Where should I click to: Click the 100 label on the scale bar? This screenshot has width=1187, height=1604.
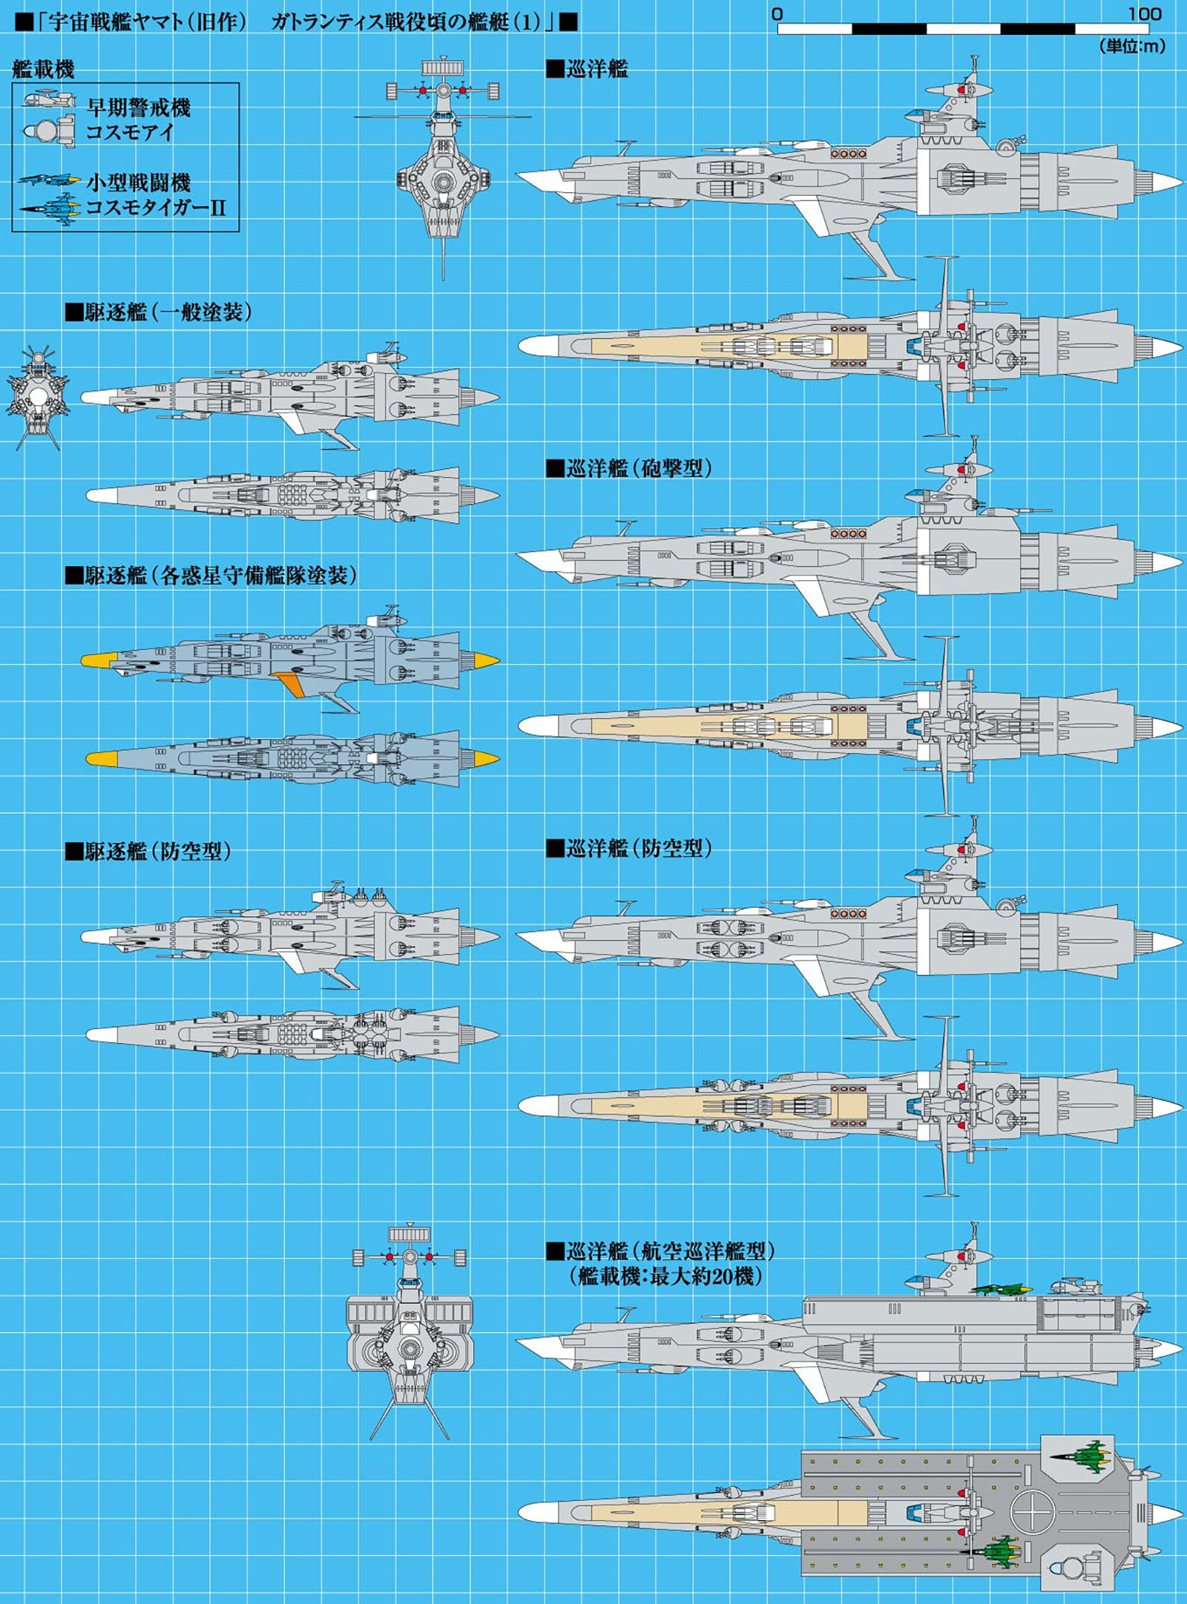(x=1144, y=13)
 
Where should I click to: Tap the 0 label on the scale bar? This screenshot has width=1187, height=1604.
(x=777, y=13)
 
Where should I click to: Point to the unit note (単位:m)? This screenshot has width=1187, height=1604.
(x=1132, y=46)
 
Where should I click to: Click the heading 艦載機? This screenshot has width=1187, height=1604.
(x=43, y=70)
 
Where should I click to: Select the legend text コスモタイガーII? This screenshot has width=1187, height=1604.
(x=156, y=207)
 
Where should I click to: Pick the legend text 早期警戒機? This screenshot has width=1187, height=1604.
(x=139, y=108)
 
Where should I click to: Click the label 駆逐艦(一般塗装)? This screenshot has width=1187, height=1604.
(x=159, y=312)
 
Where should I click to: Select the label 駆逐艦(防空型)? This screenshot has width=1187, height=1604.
(x=148, y=851)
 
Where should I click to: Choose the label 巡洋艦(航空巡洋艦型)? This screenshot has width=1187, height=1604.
(x=661, y=1251)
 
